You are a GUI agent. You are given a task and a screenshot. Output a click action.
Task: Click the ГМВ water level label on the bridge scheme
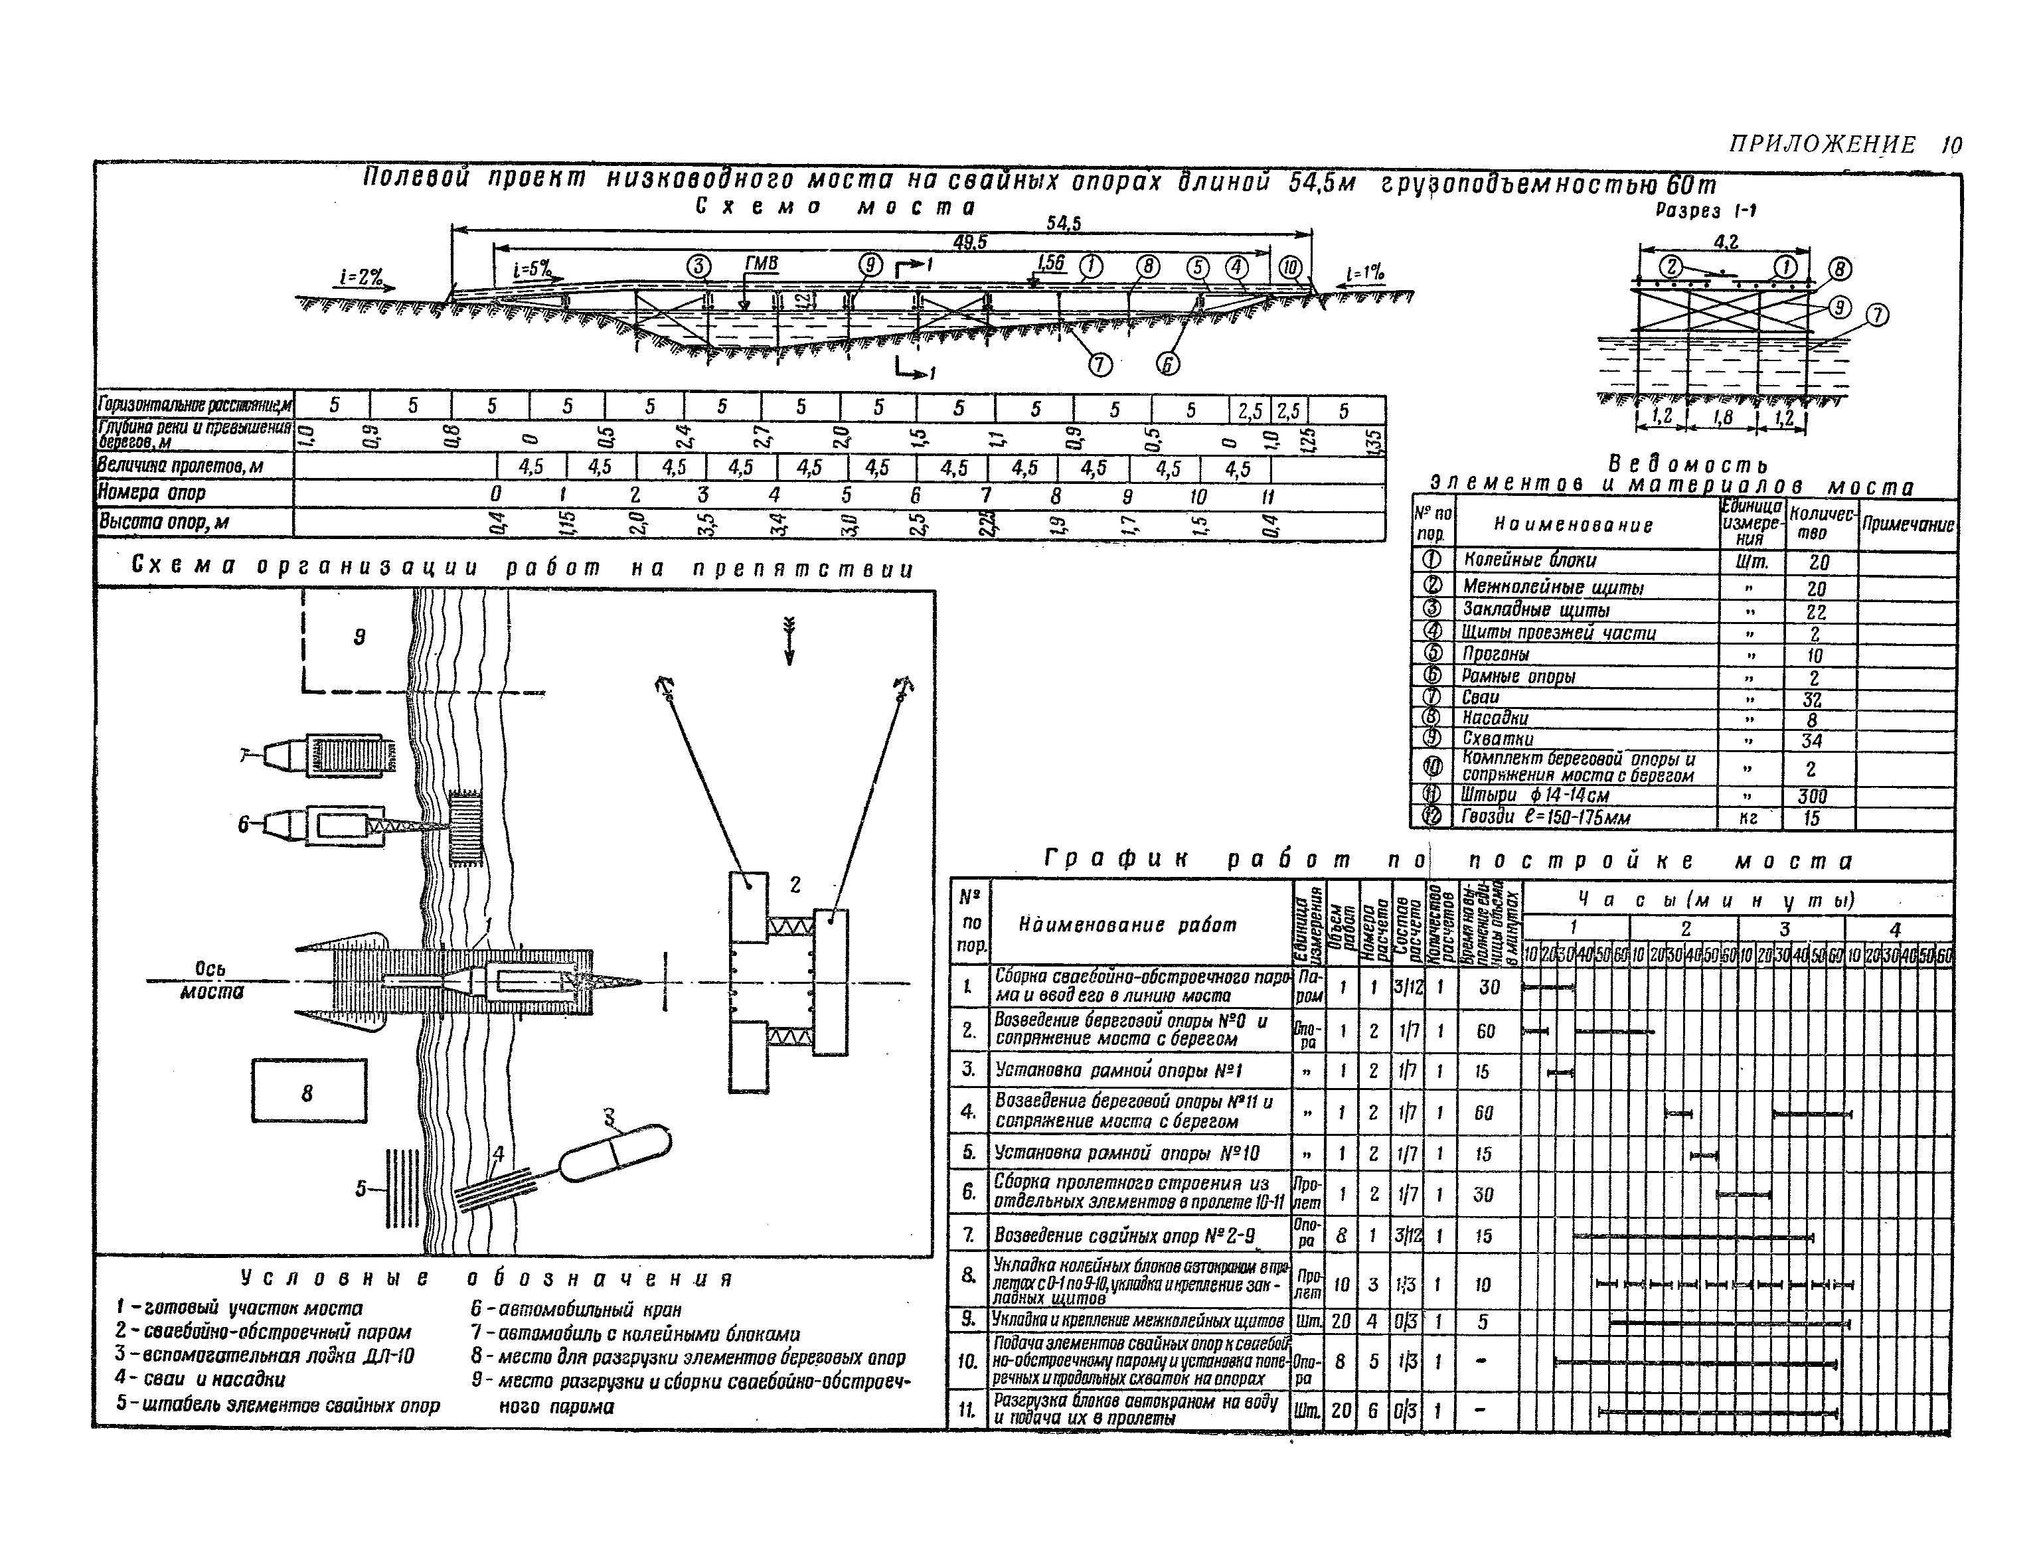click(761, 265)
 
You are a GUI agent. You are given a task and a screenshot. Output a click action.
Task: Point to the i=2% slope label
click(361, 277)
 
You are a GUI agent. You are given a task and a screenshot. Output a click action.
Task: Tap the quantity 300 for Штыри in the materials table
click(1812, 796)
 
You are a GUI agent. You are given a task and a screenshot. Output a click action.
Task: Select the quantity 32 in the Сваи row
click(1812, 699)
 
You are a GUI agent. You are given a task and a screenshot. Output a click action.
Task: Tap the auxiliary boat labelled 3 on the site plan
click(614, 1154)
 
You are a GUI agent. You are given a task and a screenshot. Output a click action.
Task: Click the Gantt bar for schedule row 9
click(1729, 1322)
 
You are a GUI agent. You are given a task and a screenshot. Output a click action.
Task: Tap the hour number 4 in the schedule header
click(1894, 929)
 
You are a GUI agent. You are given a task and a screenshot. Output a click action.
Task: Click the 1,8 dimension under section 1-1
click(1722, 417)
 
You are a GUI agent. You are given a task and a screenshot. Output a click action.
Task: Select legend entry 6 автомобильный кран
click(576, 1310)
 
